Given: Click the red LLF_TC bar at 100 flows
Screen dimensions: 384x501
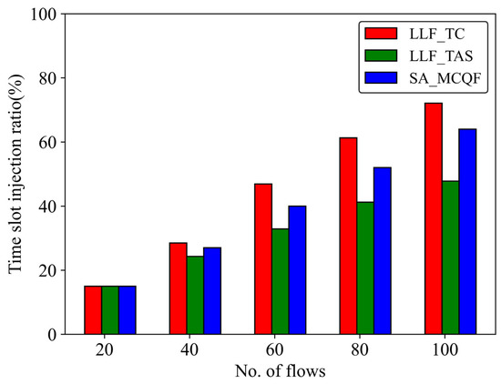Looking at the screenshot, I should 434,218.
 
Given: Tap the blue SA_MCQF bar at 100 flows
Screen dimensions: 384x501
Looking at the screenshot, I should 467,231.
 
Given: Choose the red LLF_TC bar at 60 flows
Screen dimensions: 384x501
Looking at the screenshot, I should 263,258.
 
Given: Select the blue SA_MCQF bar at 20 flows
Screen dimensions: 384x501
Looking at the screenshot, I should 127,309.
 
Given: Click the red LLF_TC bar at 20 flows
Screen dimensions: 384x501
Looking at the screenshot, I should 93,309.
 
